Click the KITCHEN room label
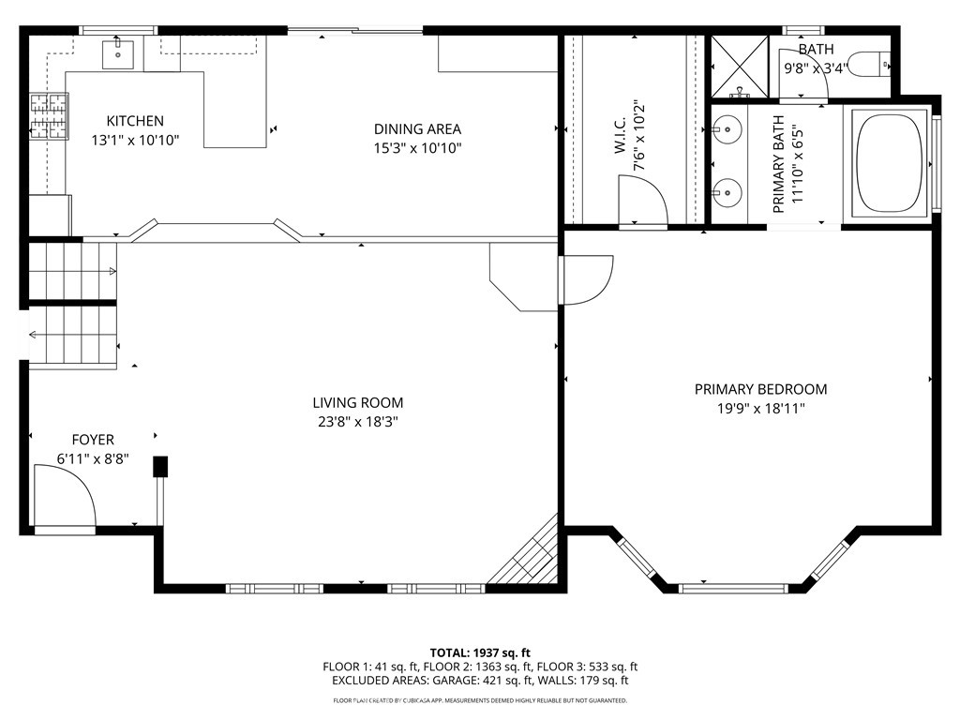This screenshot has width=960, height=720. (135, 121)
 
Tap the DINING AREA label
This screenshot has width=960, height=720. (417, 129)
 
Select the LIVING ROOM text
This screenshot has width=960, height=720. (357, 403)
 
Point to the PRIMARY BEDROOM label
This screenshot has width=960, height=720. (760, 389)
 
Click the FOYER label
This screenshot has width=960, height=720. (93, 440)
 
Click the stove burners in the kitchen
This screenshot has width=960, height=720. (49, 114)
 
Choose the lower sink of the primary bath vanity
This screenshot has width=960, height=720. (727, 194)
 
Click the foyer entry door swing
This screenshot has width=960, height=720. (64, 497)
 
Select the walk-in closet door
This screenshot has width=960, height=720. (641, 202)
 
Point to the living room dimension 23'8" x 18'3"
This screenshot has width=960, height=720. (357, 422)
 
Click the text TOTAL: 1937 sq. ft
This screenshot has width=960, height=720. (480, 652)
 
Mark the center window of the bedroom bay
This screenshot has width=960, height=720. (733, 588)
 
